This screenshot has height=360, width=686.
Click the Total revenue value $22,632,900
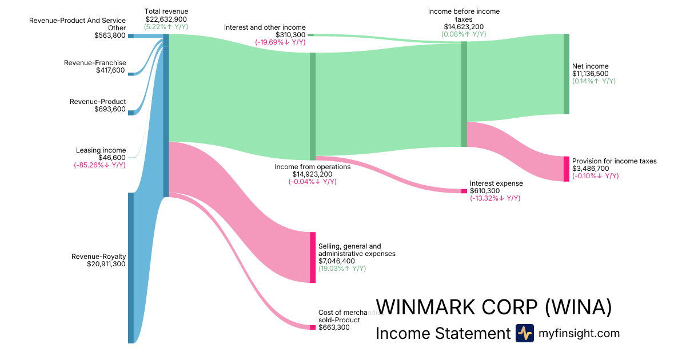(x=166, y=19)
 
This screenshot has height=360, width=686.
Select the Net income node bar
(x=567, y=74)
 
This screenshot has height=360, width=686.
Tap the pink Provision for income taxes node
(x=567, y=169)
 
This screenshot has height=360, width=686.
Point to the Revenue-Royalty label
(x=98, y=257)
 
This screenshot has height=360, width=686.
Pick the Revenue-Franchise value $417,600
(x=110, y=70)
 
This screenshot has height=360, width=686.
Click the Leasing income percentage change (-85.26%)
(x=99, y=165)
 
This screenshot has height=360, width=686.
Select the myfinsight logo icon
(x=524, y=333)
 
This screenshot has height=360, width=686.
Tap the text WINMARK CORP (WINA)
(x=493, y=307)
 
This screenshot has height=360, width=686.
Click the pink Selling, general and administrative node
(x=313, y=257)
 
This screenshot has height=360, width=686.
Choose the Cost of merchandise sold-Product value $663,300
(x=334, y=327)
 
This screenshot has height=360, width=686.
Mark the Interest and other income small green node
(x=310, y=35)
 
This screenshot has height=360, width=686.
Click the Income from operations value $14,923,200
(x=312, y=174)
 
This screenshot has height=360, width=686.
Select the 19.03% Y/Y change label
(x=342, y=269)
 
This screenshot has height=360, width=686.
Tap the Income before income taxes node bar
(x=464, y=94)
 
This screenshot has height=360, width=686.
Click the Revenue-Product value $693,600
(x=110, y=109)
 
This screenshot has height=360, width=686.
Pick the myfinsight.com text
(x=579, y=333)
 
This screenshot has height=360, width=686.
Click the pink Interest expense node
(x=464, y=191)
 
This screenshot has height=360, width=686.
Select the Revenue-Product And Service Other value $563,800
(x=110, y=35)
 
